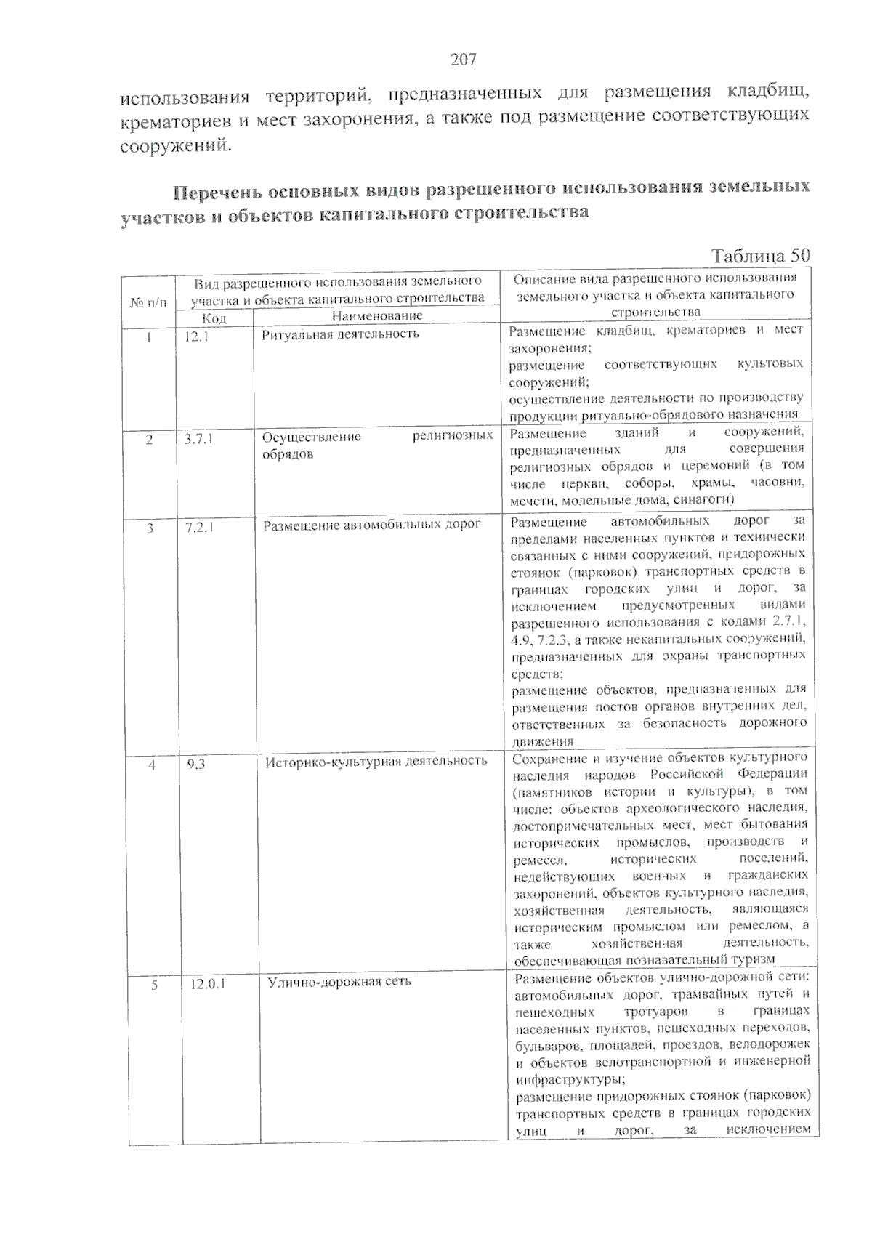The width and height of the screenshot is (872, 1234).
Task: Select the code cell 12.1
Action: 197,336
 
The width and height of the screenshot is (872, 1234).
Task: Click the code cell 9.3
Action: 195,764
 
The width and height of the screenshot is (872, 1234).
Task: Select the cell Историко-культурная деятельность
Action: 376,761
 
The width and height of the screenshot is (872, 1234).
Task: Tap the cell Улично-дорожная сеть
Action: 339,982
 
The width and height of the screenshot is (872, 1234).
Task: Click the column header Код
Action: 214,318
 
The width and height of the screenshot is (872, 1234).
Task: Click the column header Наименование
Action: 376,316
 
